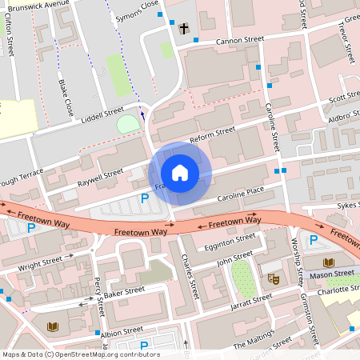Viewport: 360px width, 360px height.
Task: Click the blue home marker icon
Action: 180,173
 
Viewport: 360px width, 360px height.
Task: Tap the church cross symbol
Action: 184,29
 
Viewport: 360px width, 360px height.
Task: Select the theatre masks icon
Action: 272,279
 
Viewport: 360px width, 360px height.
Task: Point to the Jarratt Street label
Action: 250,301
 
